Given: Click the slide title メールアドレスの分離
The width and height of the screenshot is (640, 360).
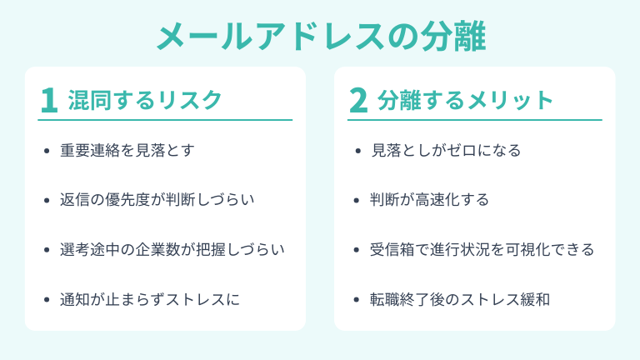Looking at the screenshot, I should click(x=320, y=35).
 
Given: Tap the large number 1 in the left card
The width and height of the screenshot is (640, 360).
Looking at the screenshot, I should click(x=49, y=100).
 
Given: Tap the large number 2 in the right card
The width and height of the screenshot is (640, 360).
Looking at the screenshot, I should click(x=358, y=100).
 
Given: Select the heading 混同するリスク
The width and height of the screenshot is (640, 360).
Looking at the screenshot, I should click(x=145, y=100).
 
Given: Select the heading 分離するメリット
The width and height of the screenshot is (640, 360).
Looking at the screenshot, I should click(x=465, y=100).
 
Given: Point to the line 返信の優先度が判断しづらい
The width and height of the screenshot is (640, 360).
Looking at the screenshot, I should click(x=157, y=200).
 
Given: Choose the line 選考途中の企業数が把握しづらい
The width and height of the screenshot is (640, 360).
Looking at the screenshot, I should click(x=172, y=249).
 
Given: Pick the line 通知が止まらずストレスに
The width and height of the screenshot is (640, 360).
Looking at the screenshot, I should click(x=150, y=298).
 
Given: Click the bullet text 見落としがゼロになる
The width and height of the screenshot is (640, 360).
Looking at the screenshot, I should click(x=445, y=151).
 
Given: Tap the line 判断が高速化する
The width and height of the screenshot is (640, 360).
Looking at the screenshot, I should click(x=429, y=200).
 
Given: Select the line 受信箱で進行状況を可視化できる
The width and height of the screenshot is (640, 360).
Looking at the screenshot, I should click(x=482, y=249).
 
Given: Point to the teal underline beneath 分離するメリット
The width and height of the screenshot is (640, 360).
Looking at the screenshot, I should click(x=475, y=120).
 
